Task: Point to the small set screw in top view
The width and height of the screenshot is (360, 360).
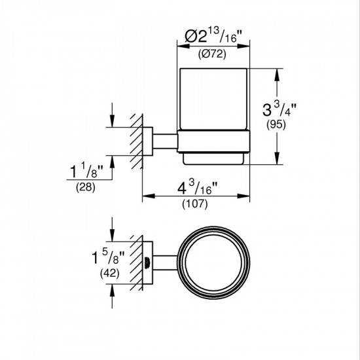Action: coord(147,263)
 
